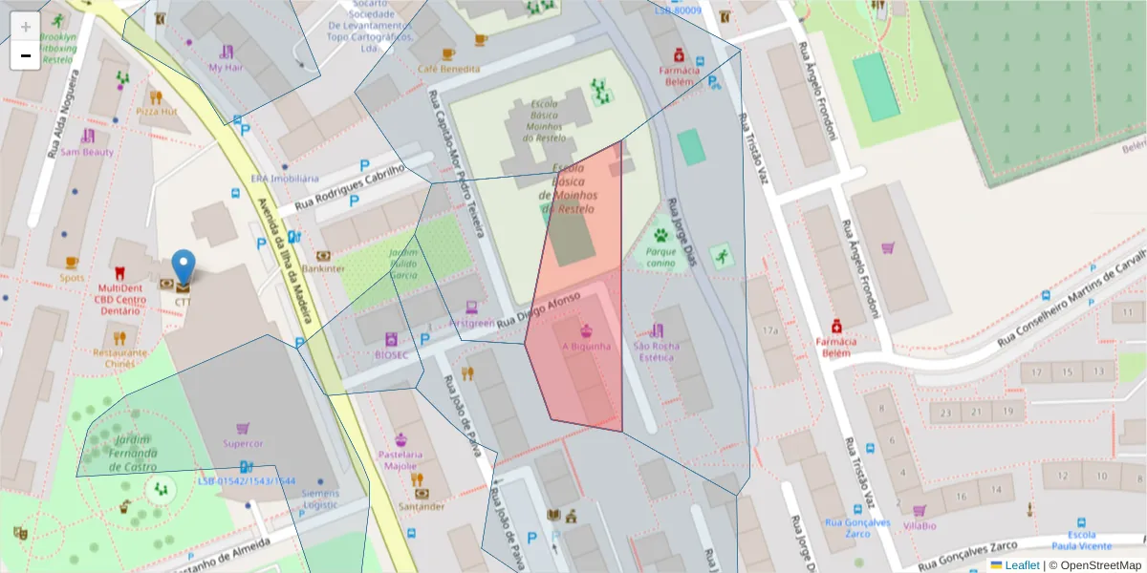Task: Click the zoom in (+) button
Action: pyautogui.click(x=26, y=27)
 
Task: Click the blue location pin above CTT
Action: pyautogui.click(x=183, y=265)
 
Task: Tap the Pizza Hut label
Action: pyautogui.click(x=156, y=111)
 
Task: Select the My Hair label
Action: pyautogui.click(x=226, y=68)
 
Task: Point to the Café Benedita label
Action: pyautogui.click(x=448, y=69)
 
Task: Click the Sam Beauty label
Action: pyautogui.click(x=87, y=152)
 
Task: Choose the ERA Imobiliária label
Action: pyautogui.click(x=285, y=178)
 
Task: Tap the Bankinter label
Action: pyautogui.click(x=323, y=268)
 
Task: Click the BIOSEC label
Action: pyautogui.click(x=391, y=354)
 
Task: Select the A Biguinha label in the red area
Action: pyautogui.click(x=586, y=346)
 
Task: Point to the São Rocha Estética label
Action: pyautogui.click(x=656, y=351)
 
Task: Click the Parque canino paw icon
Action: pyautogui.click(x=660, y=235)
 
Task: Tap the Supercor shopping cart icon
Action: pyautogui.click(x=243, y=429)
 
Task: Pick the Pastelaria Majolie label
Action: pyautogui.click(x=400, y=459)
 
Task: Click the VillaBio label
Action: pyautogui.click(x=919, y=525)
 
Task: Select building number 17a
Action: pyautogui.click(x=770, y=330)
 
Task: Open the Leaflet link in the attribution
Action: pyautogui.click(x=1021, y=565)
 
